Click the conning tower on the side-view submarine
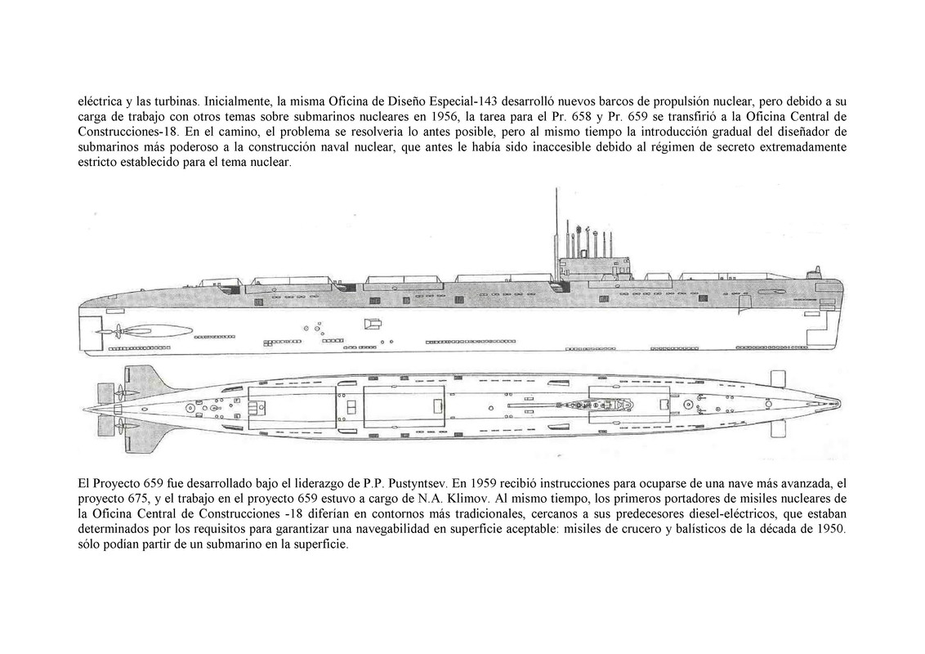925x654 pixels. [x=595, y=263]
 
